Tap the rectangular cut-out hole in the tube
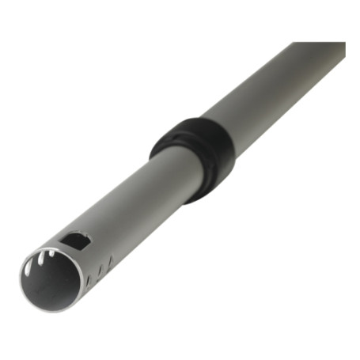pos(78,240)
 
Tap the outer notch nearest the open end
pos(89,281)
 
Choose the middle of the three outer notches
pos(100,270)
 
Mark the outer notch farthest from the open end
pos(111,260)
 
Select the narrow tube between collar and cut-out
pos(135,202)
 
